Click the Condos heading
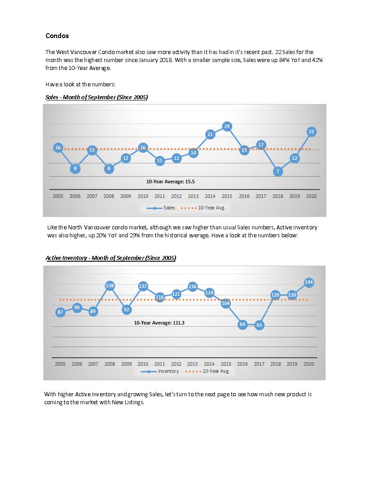click(x=57, y=36)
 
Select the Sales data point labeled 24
click(x=227, y=126)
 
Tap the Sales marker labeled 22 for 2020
click(x=311, y=131)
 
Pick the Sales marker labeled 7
click(x=278, y=171)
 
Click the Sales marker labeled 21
click(x=210, y=134)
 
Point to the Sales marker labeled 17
click(x=261, y=145)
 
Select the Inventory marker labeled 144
click(x=309, y=282)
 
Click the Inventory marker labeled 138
click(x=110, y=286)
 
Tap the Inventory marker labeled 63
click(x=259, y=325)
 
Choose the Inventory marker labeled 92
click(x=126, y=309)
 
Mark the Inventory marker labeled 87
click(x=60, y=312)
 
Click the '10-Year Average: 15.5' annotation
click(x=170, y=182)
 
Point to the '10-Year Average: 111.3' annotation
click(x=159, y=323)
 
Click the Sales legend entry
click(x=161, y=208)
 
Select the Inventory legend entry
click(x=160, y=371)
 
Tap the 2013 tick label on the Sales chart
click(x=193, y=196)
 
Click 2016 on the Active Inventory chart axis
click(x=242, y=364)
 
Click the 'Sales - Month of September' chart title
click(x=96, y=97)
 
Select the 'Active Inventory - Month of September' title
click(x=111, y=258)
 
